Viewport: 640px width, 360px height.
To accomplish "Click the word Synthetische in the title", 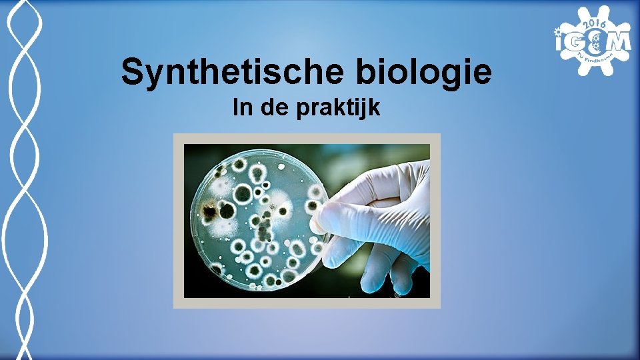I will [x=233, y=73].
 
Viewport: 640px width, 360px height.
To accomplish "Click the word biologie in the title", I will [x=424, y=73].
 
